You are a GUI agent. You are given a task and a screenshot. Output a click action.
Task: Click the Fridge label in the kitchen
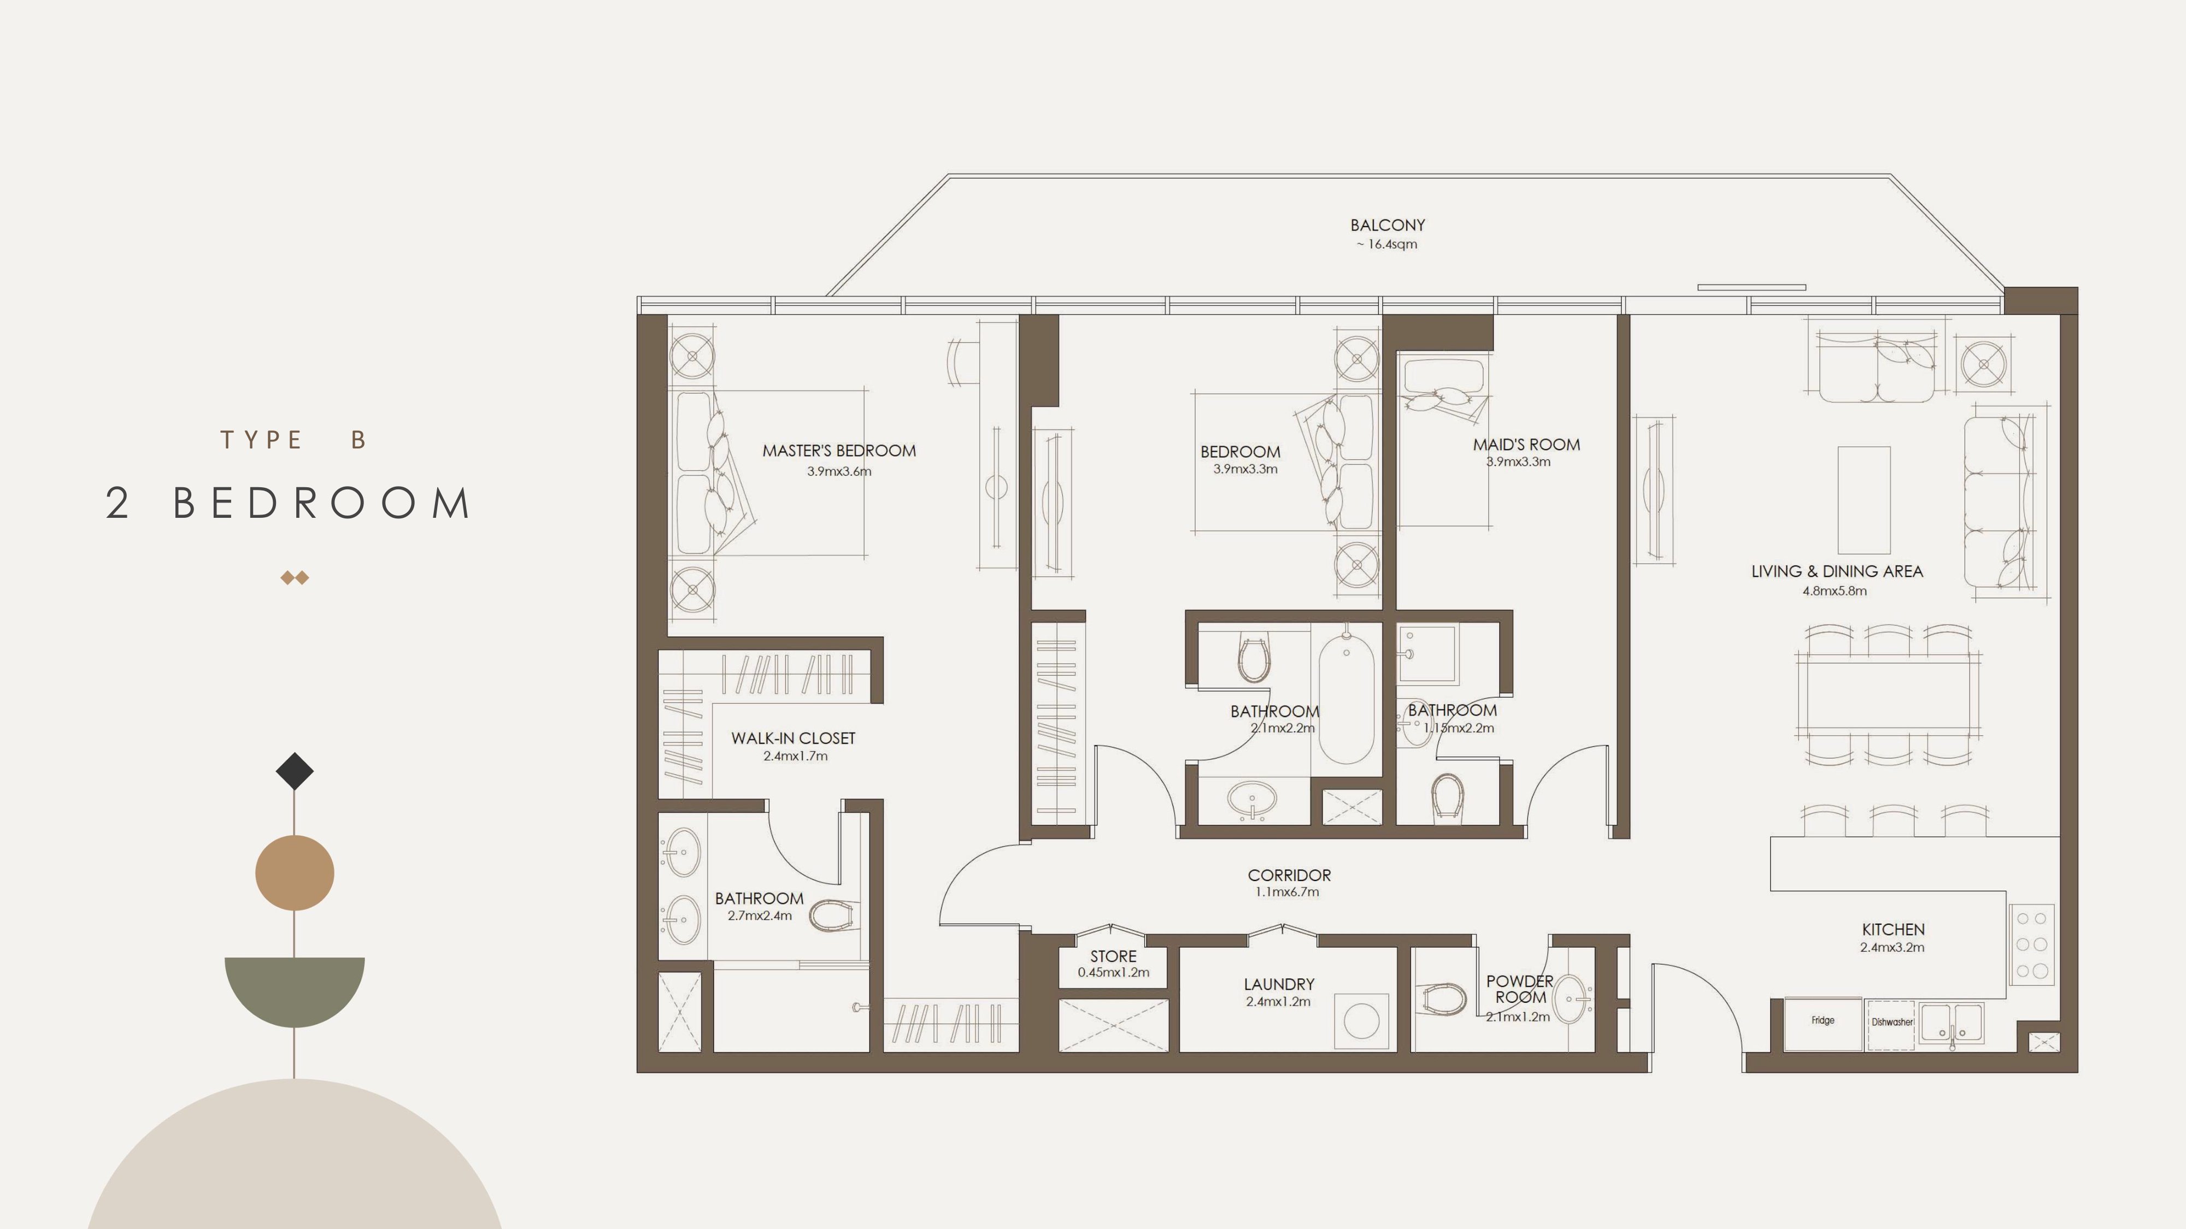[x=1823, y=1020]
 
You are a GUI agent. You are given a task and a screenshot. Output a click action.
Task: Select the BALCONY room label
[x=1388, y=226]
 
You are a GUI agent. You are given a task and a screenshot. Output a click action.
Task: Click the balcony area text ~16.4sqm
[x=1386, y=244]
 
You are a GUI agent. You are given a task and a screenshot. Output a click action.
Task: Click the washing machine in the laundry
[x=1361, y=1021]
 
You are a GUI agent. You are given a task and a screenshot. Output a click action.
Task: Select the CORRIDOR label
[x=1289, y=875]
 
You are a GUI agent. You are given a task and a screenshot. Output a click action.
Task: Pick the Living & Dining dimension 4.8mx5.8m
[x=1835, y=591]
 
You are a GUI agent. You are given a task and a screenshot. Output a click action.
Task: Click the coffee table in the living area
[x=1864, y=500]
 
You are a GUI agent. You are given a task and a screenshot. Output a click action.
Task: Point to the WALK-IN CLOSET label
[x=794, y=738]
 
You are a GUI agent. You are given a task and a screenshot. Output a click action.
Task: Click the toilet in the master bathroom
[x=831, y=915]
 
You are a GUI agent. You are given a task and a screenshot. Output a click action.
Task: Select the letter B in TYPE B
[x=359, y=440]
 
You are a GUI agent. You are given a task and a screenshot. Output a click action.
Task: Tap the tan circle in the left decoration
[x=295, y=873]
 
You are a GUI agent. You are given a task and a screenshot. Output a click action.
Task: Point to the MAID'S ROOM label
[x=1526, y=445]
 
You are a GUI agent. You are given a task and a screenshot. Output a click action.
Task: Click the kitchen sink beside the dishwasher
[x=1952, y=1024]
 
